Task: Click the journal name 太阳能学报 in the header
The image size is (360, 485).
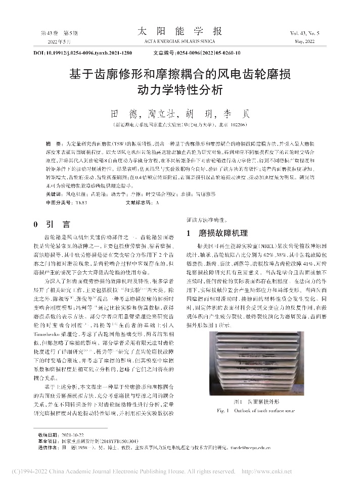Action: (x=179, y=31)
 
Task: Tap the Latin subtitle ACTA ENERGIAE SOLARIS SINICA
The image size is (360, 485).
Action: (x=179, y=40)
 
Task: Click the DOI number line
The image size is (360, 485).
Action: (x=82, y=53)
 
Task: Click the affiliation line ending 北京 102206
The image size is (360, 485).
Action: (x=179, y=124)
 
